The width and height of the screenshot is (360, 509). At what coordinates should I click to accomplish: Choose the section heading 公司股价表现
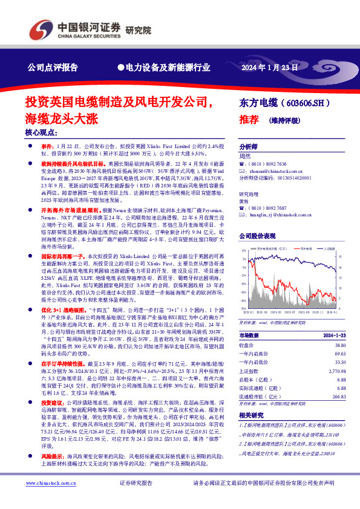pyautogui.click(x=258, y=236)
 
